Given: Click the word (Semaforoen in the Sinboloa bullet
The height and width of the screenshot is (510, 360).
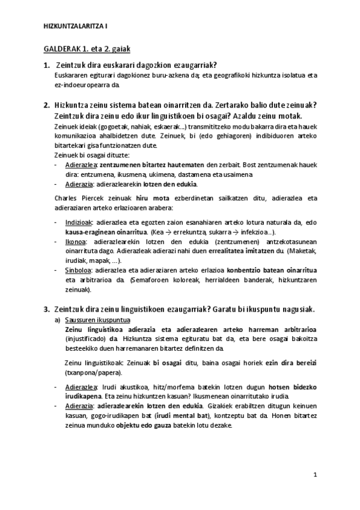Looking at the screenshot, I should [152, 281].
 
